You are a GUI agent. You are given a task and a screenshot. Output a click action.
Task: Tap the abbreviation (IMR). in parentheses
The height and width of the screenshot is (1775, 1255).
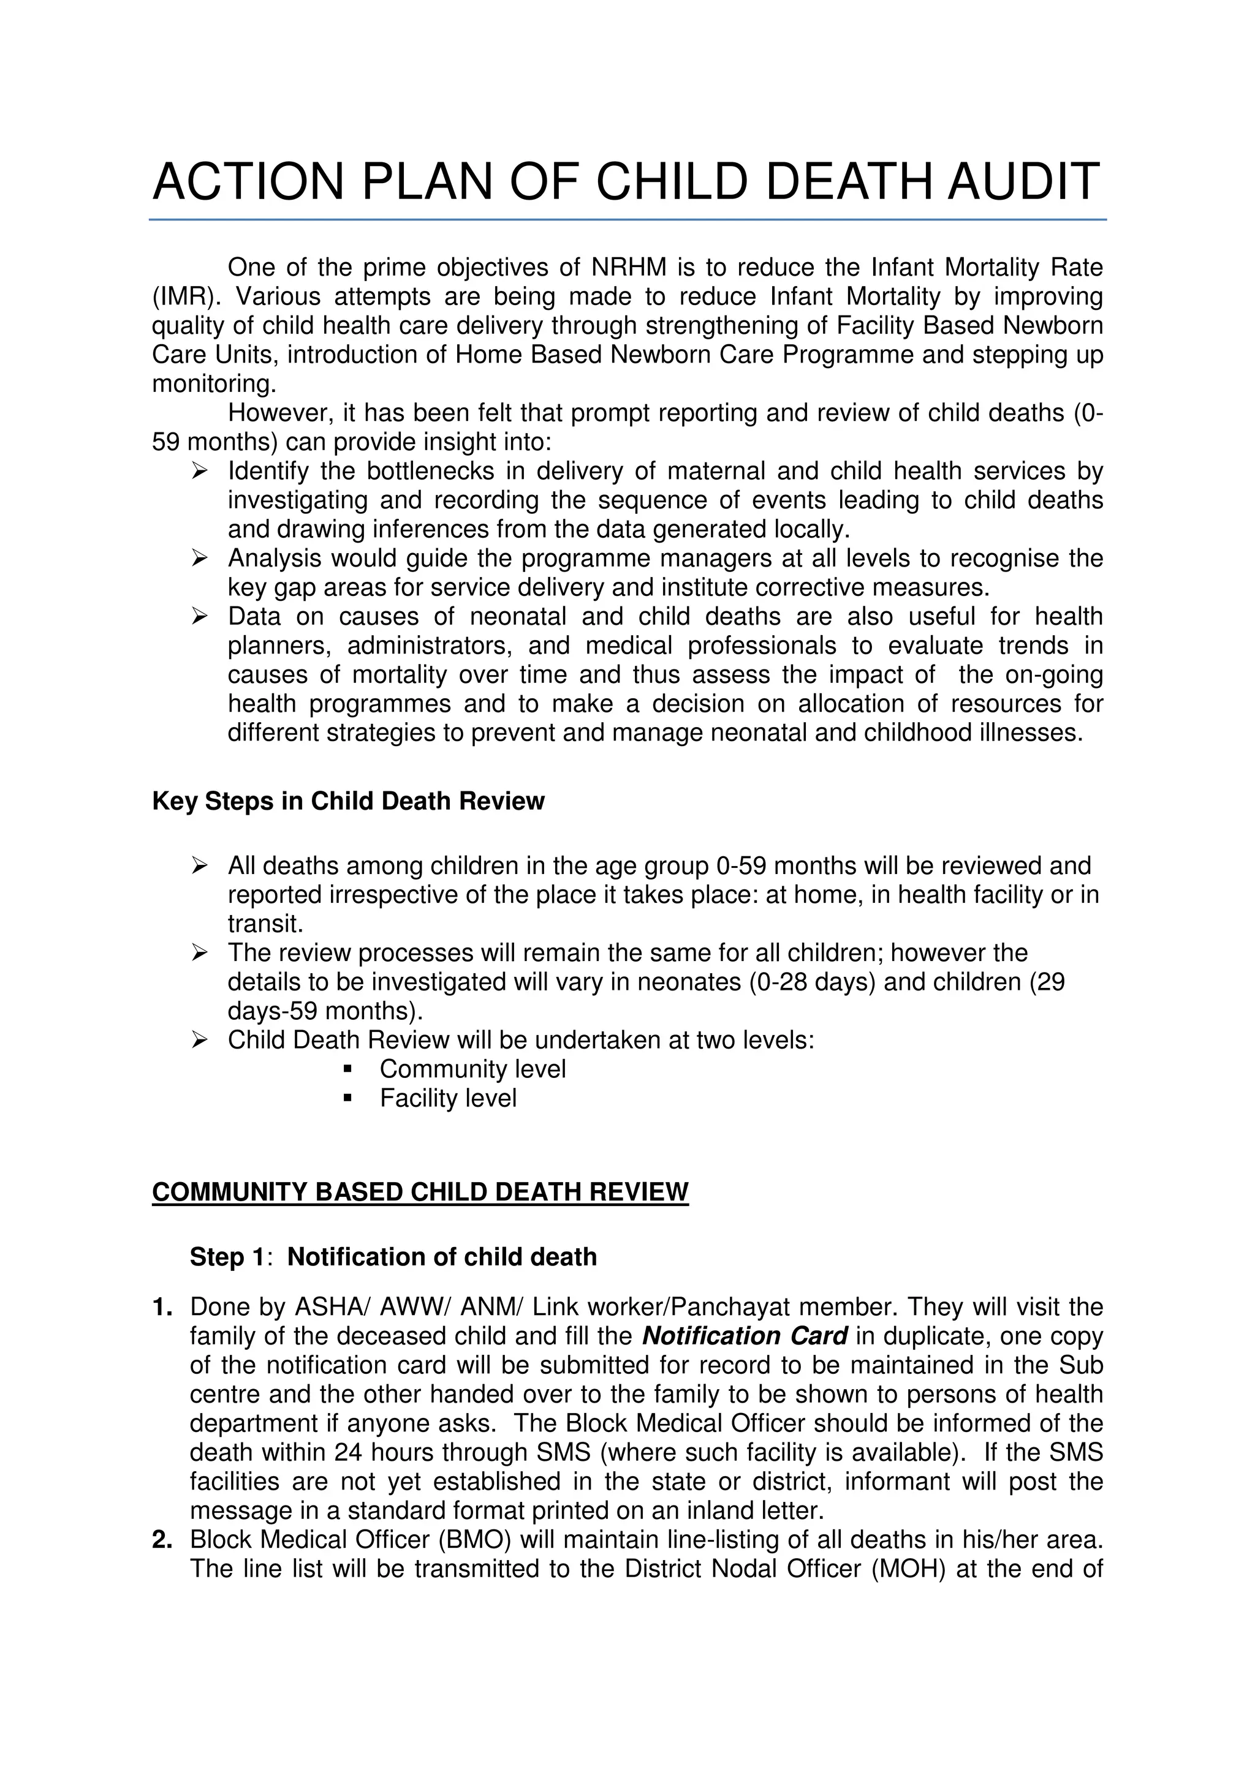pyautogui.click(x=186, y=297)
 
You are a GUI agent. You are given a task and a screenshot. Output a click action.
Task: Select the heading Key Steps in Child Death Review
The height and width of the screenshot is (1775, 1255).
pyautogui.click(x=348, y=801)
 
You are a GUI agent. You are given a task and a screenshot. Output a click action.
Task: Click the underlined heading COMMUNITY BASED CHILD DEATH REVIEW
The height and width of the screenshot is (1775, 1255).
pyautogui.click(x=420, y=1192)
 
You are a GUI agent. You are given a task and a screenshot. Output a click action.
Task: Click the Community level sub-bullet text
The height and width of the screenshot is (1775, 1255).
pyautogui.click(x=472, y=1069)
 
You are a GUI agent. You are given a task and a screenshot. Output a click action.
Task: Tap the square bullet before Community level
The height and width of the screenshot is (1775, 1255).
pyautogui.click(x=347, y=1070)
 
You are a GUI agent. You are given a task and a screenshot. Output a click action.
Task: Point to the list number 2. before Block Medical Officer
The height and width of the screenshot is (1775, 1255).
pyautogui.click(x=162, y=1540)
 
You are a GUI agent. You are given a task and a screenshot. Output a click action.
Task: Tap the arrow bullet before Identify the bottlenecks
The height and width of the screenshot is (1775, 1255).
pyautogui.click(x=199, y=471)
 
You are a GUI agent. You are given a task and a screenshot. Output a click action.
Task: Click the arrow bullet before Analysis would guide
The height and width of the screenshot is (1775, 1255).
pyautogui.click(x=199, y=558)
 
